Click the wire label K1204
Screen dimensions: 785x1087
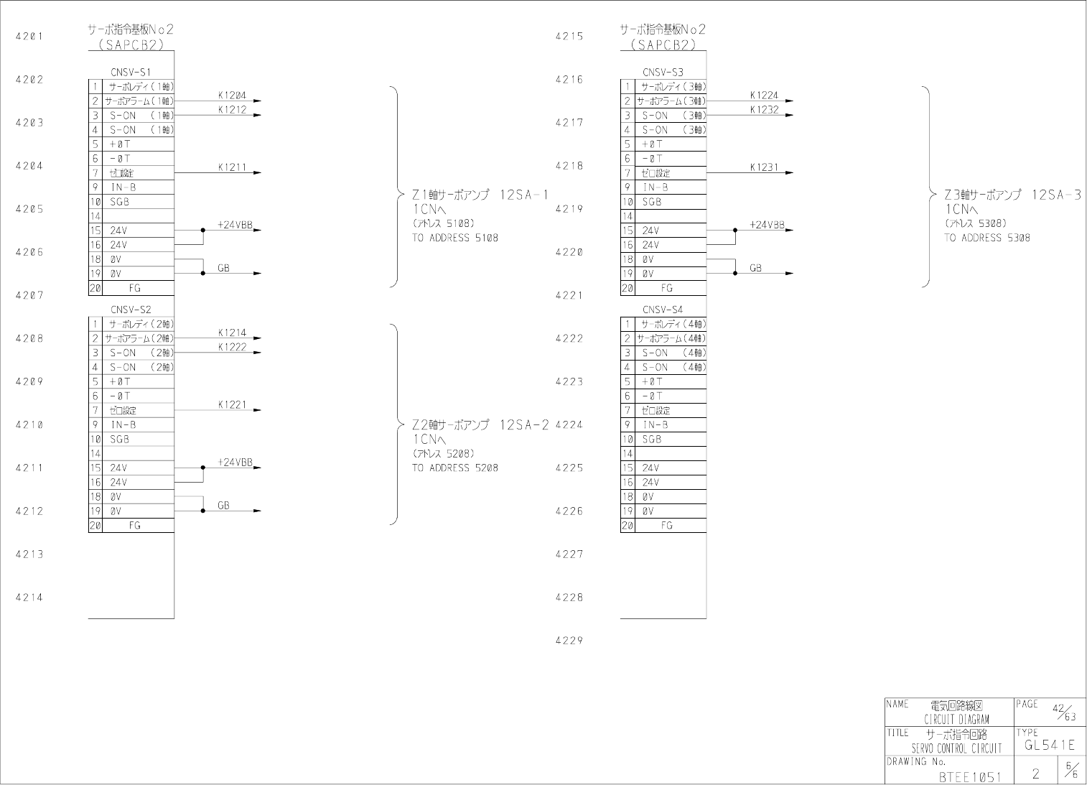pos(232,96)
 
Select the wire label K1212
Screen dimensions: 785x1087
pos(232,110)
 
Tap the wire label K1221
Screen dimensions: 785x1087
pos(232,405)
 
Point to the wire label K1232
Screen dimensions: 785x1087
pos(764,110)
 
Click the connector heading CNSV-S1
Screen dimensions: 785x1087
pos(131,73)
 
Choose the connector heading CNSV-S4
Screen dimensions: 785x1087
pos(663,310)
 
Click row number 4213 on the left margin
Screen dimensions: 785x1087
pos(29,554)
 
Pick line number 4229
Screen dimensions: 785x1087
pos(569,641)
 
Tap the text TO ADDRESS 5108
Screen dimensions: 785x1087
pos(454,238)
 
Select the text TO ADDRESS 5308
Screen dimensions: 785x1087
pos(986,238)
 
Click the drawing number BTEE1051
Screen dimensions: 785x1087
pos(969,776)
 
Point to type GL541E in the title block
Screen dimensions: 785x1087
pos(1049,745)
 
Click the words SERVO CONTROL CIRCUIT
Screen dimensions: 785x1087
pos(956,748)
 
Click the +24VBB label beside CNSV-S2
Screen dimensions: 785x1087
pos(235,463)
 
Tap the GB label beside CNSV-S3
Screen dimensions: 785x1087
pos(755,268)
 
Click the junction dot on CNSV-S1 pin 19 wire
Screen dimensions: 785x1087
pos(203,274)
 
